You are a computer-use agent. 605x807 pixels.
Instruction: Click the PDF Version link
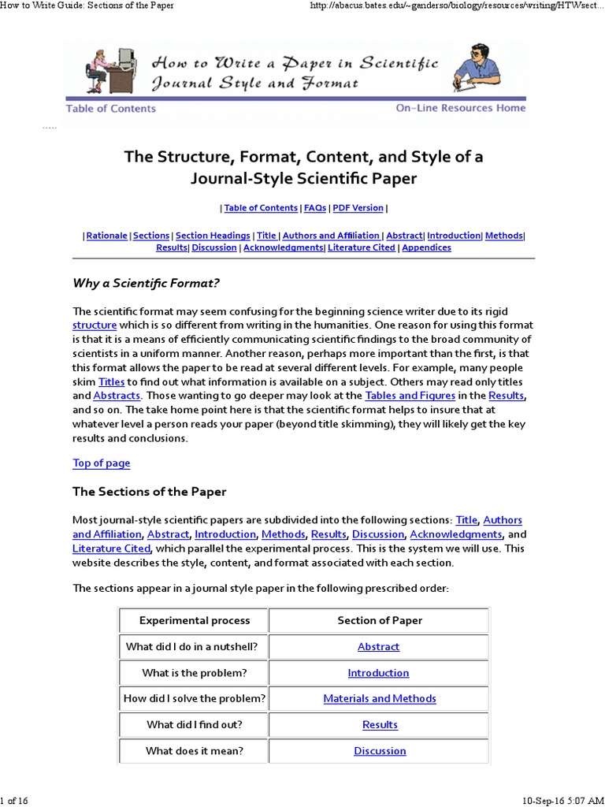point(358,208)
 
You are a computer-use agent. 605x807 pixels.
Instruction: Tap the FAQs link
point(314,208)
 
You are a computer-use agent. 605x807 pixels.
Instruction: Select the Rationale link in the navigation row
point(106,236)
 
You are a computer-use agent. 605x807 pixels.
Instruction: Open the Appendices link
point(426,247)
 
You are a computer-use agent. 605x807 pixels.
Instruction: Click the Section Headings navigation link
point(213,236)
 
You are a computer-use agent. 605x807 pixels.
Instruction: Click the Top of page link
point(102,463)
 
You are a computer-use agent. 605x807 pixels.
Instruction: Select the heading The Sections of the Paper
point(150,492)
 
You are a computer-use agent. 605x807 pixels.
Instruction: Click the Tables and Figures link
point(410,396)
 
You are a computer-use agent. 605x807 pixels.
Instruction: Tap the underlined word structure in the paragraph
point(95,325)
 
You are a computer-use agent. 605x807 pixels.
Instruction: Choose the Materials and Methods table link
point(380,698)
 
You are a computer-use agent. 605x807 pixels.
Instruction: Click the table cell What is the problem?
point(194,673)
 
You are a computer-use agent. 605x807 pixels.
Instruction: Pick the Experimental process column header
point(195,620)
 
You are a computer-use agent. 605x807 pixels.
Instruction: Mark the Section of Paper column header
point(380,620)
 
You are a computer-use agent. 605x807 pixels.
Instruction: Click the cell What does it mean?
point(194,751)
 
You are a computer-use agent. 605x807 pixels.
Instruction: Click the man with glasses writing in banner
point(476,66)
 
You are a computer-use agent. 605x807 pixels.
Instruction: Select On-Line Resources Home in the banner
point(460,108)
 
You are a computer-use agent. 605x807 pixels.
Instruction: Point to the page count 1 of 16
point(15,801)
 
